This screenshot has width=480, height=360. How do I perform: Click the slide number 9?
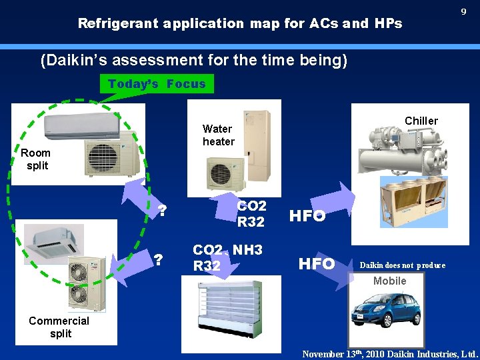point(463,12)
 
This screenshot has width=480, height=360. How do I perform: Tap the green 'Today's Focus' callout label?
point(157,84)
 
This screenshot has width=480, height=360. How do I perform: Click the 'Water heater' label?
point(218,135)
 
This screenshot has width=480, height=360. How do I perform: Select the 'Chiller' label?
point(421,121)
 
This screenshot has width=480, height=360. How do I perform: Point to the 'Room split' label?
point(36,159)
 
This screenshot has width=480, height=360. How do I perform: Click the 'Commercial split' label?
point(59,327)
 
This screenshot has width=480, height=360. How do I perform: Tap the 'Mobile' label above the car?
point(390,281)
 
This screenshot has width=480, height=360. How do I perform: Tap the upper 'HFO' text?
point(307,216)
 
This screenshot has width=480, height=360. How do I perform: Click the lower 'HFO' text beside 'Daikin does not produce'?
point(317,264)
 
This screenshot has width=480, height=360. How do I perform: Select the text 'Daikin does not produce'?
point(403,265)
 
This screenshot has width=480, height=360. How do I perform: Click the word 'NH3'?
point(248,250)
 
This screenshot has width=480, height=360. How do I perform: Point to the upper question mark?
point(161,212)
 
